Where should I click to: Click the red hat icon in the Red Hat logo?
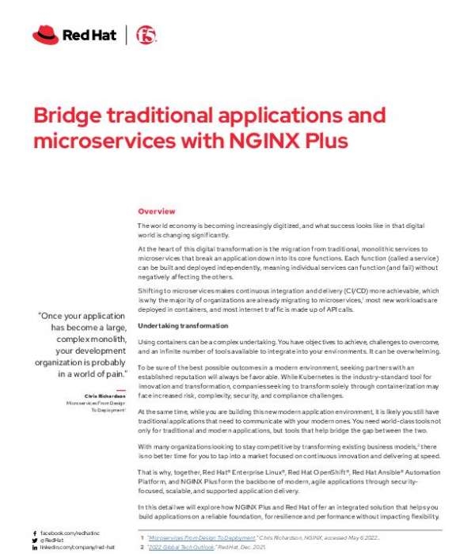point(45,34)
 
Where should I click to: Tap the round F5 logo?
point(146,34)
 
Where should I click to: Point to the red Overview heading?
point(157,212)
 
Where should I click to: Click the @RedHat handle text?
point(52,541)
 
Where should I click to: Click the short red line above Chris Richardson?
point(120,389)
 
